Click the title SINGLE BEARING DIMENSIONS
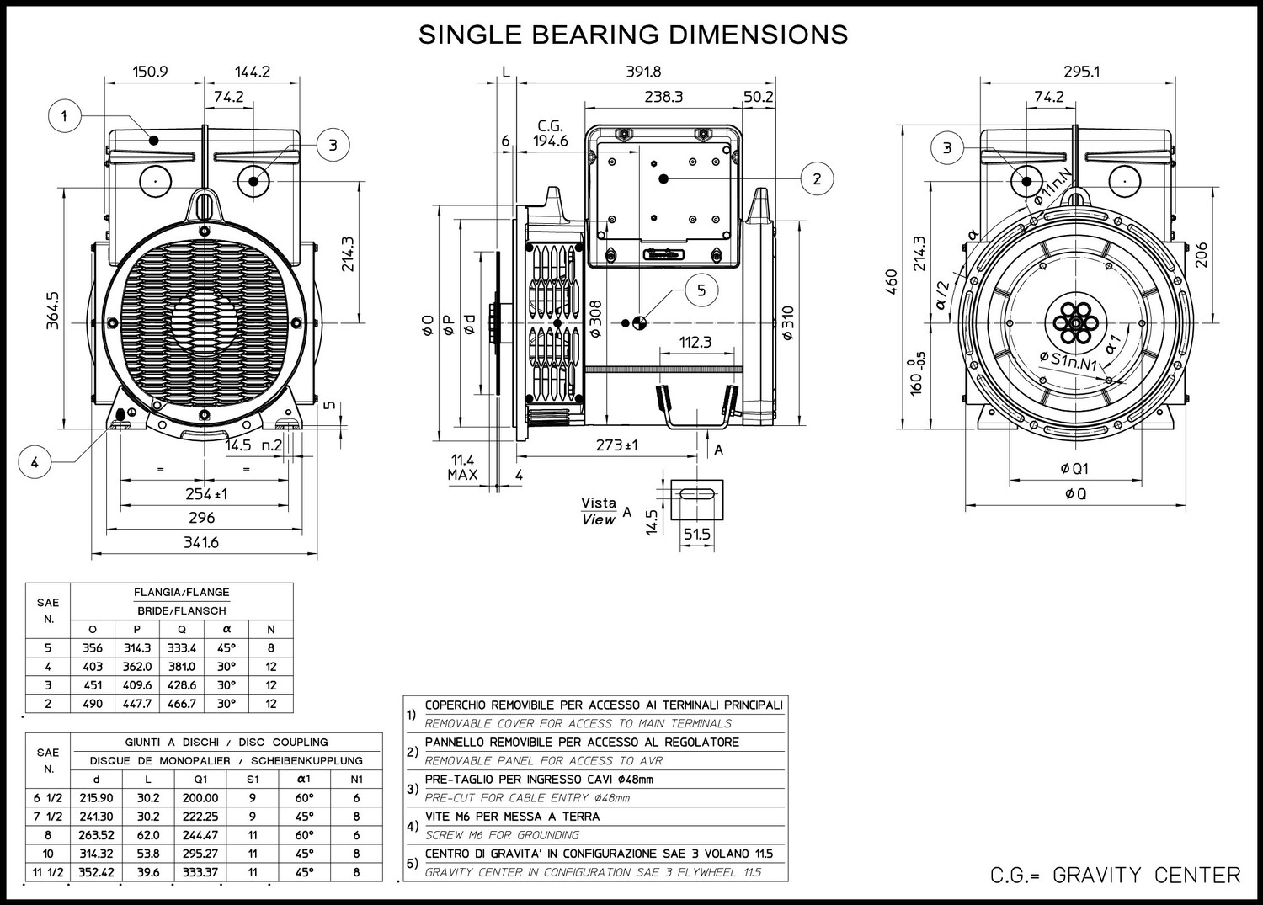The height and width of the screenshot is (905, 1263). tap(632, 35)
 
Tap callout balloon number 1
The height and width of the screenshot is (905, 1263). tap(64, 116)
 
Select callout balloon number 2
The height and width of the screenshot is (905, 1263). tap(817, 178)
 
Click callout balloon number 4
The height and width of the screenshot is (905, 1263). tap(35, 462)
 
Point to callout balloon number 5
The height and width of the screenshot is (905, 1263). tap(701, 290)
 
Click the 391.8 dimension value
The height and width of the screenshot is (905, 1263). tap(643, 72)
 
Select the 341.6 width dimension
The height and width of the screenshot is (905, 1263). tap(201, 542)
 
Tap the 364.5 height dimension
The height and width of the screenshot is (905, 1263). tap(52, 310)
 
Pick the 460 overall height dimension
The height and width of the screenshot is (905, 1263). tap(892, 281)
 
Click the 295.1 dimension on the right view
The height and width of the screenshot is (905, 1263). tap(1081, 72)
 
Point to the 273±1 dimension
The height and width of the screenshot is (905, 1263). tap(617, 445)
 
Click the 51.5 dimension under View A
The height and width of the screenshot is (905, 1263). tap(697, 534)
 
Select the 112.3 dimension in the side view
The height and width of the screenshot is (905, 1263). tap(695, 343)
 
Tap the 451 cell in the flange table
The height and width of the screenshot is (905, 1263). tap(93, 685)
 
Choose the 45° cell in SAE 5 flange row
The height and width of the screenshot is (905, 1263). tap(226, 648)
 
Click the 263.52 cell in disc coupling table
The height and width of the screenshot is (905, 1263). tap(97, 835)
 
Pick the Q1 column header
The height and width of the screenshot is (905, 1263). tap(200, 780)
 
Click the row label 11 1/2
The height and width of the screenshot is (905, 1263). tap(48, 872)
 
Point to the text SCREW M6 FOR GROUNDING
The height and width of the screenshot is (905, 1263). tap(502, 835)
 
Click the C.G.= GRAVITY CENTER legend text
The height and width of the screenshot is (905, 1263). tap(1116, 876)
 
